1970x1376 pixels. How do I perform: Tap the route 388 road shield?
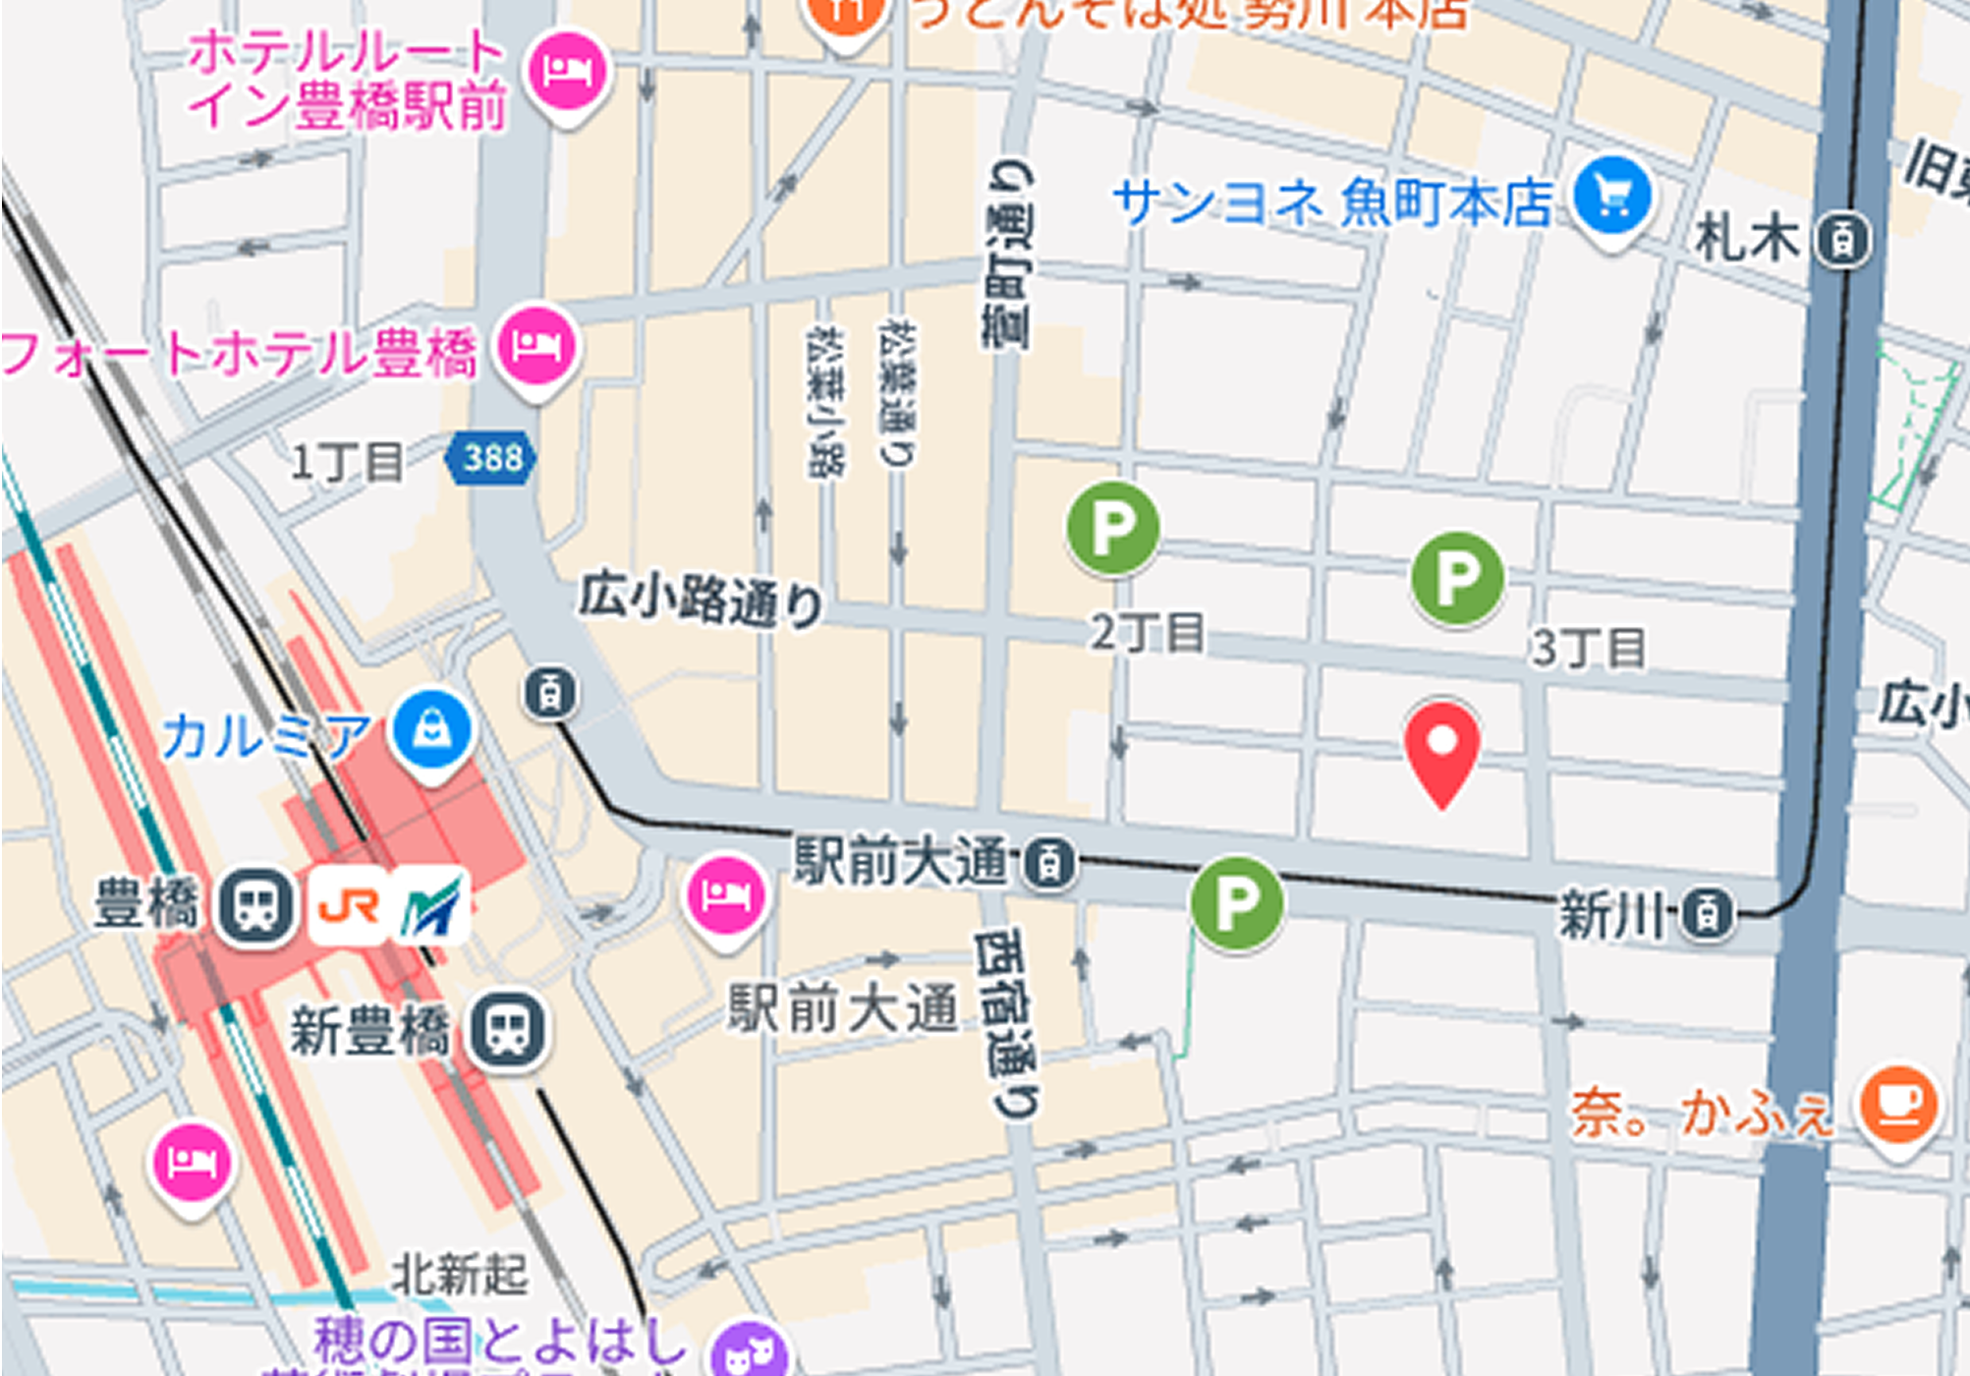pos(491,458)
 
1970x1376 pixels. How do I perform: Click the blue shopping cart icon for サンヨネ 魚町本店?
pos(1611,198)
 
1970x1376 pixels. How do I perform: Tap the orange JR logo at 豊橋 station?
pos(349,905)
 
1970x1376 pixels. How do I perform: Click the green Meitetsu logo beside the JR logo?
pos(430,905)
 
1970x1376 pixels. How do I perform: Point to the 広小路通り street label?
pos(700,599)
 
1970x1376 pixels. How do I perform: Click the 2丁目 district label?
pos(1148,632)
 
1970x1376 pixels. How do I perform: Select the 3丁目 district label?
pos(1588,648)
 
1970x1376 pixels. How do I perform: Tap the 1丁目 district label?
pos(347,461)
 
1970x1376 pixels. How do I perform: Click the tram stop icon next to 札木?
pos(1842,240)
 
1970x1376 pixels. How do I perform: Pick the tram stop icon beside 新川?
pos(1708,914)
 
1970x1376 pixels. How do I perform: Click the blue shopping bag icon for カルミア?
pos(431,730)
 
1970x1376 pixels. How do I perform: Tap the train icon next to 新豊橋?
pos(507,1030)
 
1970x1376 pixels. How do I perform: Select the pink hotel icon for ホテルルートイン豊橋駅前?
pos(568,72)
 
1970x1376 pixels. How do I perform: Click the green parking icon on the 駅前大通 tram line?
pos(1236,902)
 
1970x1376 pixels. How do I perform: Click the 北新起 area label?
pos(460,1275)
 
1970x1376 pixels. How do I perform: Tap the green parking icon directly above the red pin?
pos(1457,578)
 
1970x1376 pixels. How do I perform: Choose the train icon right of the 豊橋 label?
pos(255,905)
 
